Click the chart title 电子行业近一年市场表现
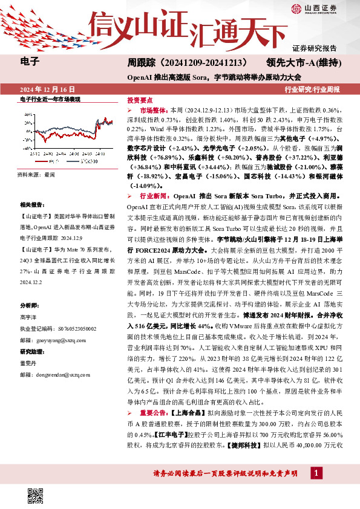point(50,99)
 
